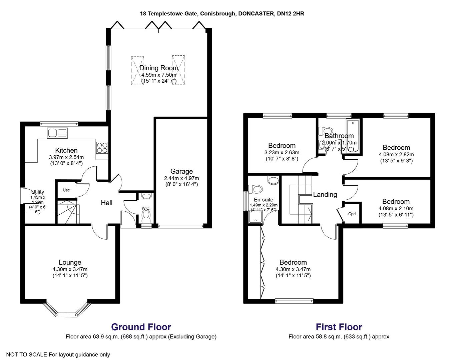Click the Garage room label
[181, 171]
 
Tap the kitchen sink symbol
[57, 133]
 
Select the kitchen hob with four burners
[102, 147]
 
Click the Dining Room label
[158, 68]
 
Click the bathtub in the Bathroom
[353, 137]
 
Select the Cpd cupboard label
[352, 214]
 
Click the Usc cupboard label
[66, 190]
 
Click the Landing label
[325, 194]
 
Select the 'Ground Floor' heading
[141, 327]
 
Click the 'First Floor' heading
[339, 327]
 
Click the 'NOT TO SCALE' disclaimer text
[58, 355]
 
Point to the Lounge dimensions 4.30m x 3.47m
[70, 269]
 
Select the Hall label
[107, 203]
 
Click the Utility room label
[38, 192]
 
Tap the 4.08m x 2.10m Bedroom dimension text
[396, 209]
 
